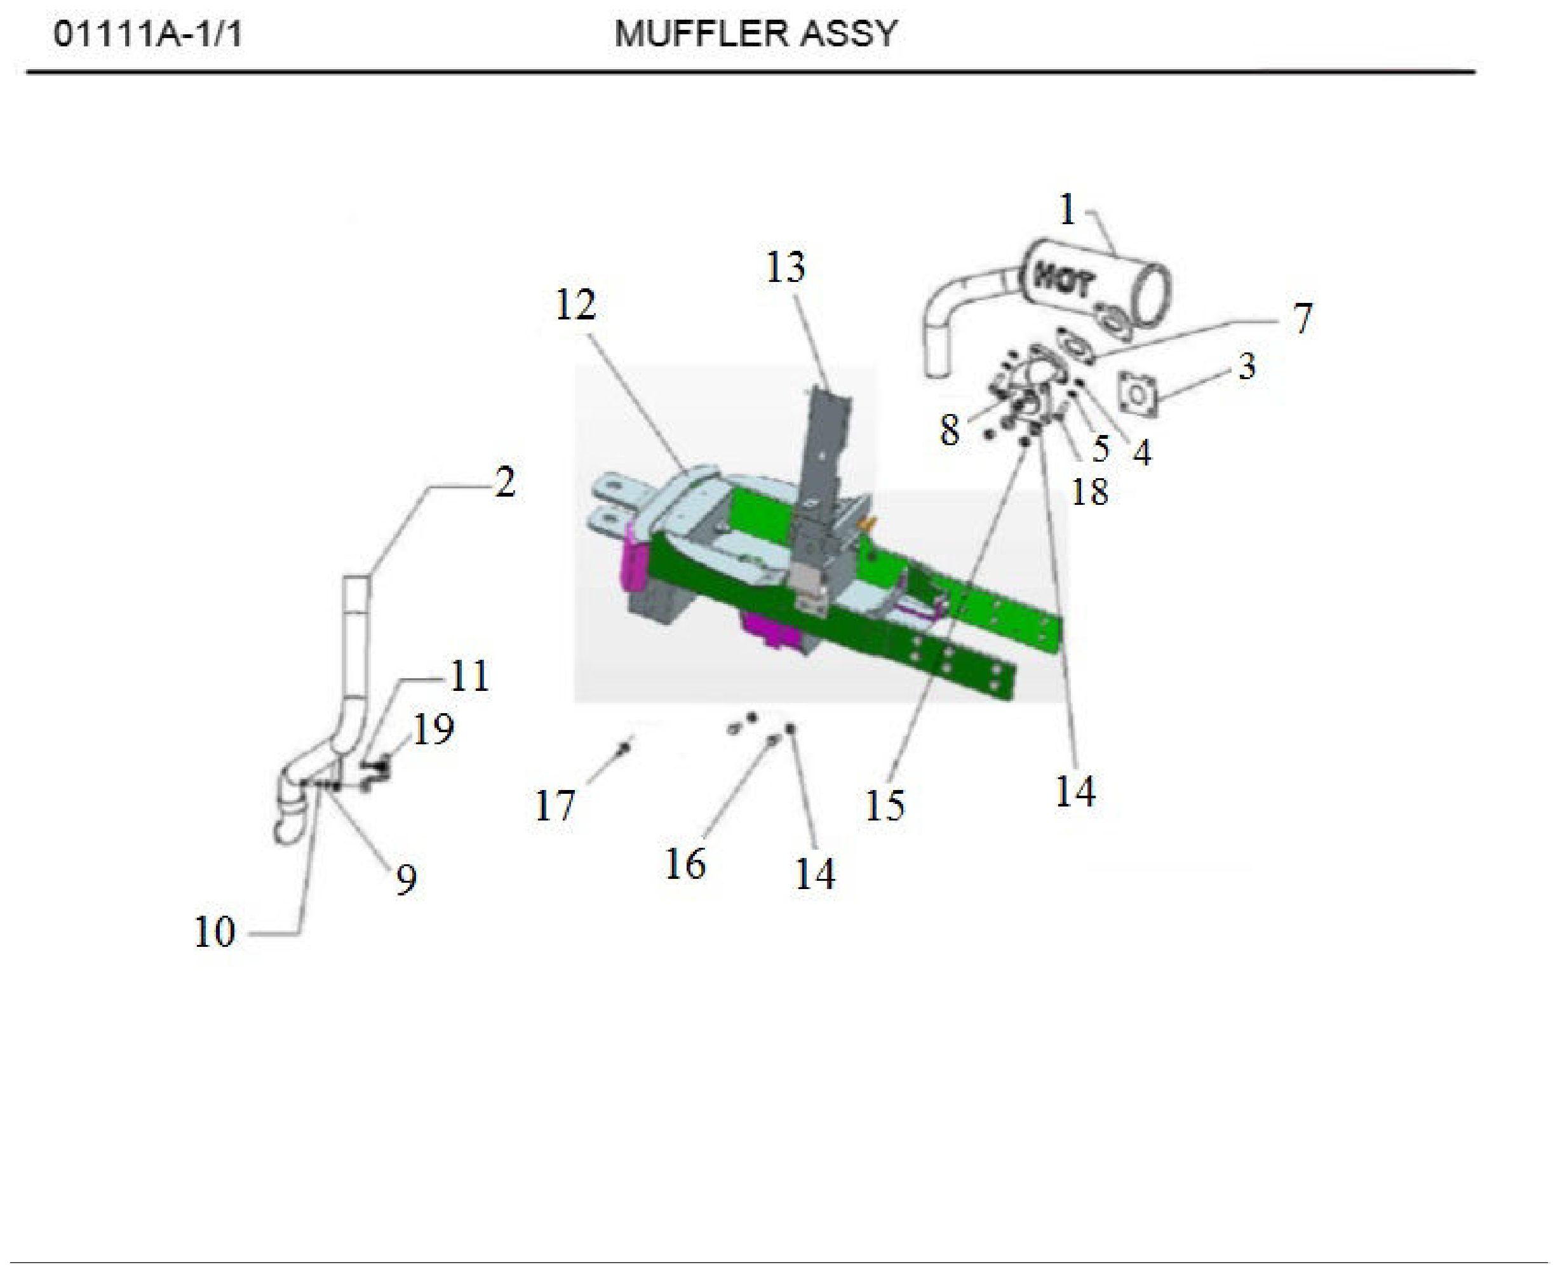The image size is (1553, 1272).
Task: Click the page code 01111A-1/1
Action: [147, 34]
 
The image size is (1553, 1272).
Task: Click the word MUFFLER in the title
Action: [700, 34]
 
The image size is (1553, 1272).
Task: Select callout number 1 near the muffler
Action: [1067, 210]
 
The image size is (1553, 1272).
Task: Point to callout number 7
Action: [1301, 319]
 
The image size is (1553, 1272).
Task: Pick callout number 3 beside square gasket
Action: [1247, 366]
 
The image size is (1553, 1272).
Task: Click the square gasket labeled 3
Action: [1138, 395]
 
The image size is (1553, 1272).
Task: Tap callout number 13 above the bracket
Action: [786, 267]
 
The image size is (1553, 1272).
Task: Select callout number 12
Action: [575, 305]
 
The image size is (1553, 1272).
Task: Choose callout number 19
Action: [433, 729]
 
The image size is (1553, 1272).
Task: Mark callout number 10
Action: [214, 932]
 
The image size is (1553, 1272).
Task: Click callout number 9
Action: [406, 880]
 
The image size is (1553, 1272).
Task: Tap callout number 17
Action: [555, 806]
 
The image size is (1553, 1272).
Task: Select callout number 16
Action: [685, 864]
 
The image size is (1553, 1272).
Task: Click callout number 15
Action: [885, 805]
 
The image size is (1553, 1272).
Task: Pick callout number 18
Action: [1089, 491]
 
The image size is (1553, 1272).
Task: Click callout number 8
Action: [949, 430]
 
